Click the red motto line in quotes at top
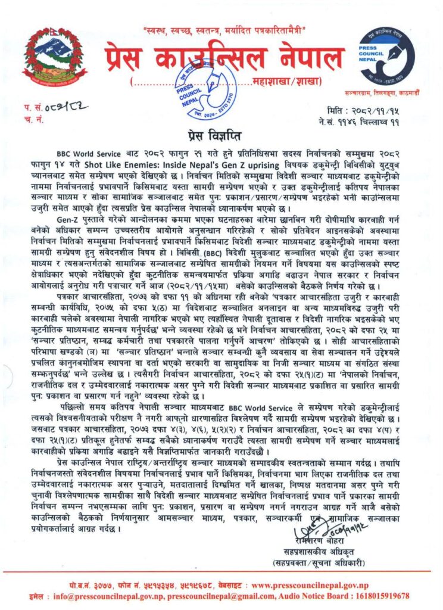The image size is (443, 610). pos(224,29)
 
